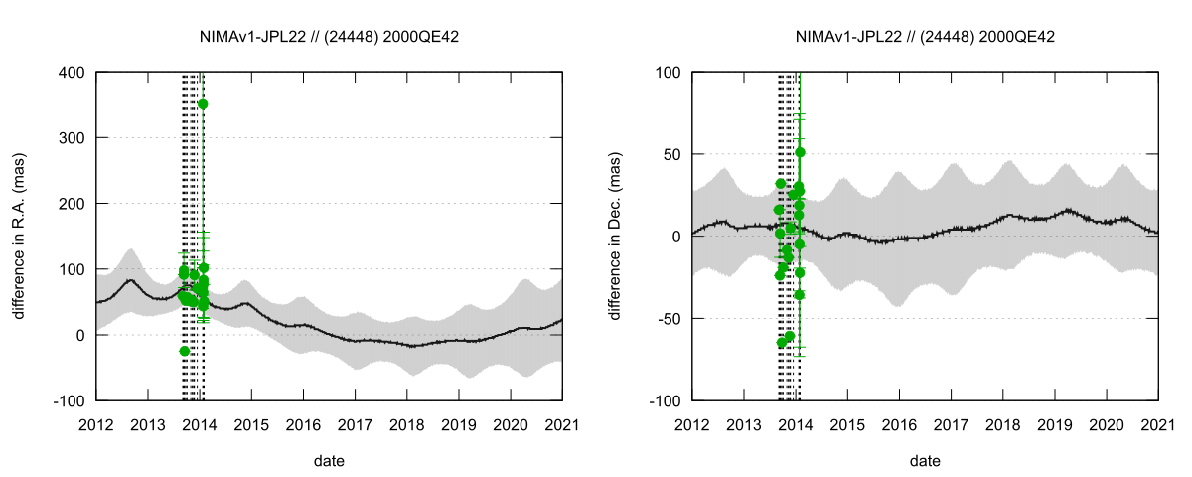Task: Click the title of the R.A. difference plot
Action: tap(329, 36)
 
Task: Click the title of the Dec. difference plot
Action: tap(925, 36)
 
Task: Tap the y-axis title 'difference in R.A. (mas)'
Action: tap(19, 236)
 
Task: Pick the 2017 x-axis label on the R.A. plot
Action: tap(355, 423)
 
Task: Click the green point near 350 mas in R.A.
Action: tap(203, 104)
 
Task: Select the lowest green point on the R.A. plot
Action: tap(185, 351)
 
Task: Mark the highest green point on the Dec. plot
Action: tap(800, 152)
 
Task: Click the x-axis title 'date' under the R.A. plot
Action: tap(329, 461)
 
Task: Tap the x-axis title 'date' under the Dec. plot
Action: tap(925, 461)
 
